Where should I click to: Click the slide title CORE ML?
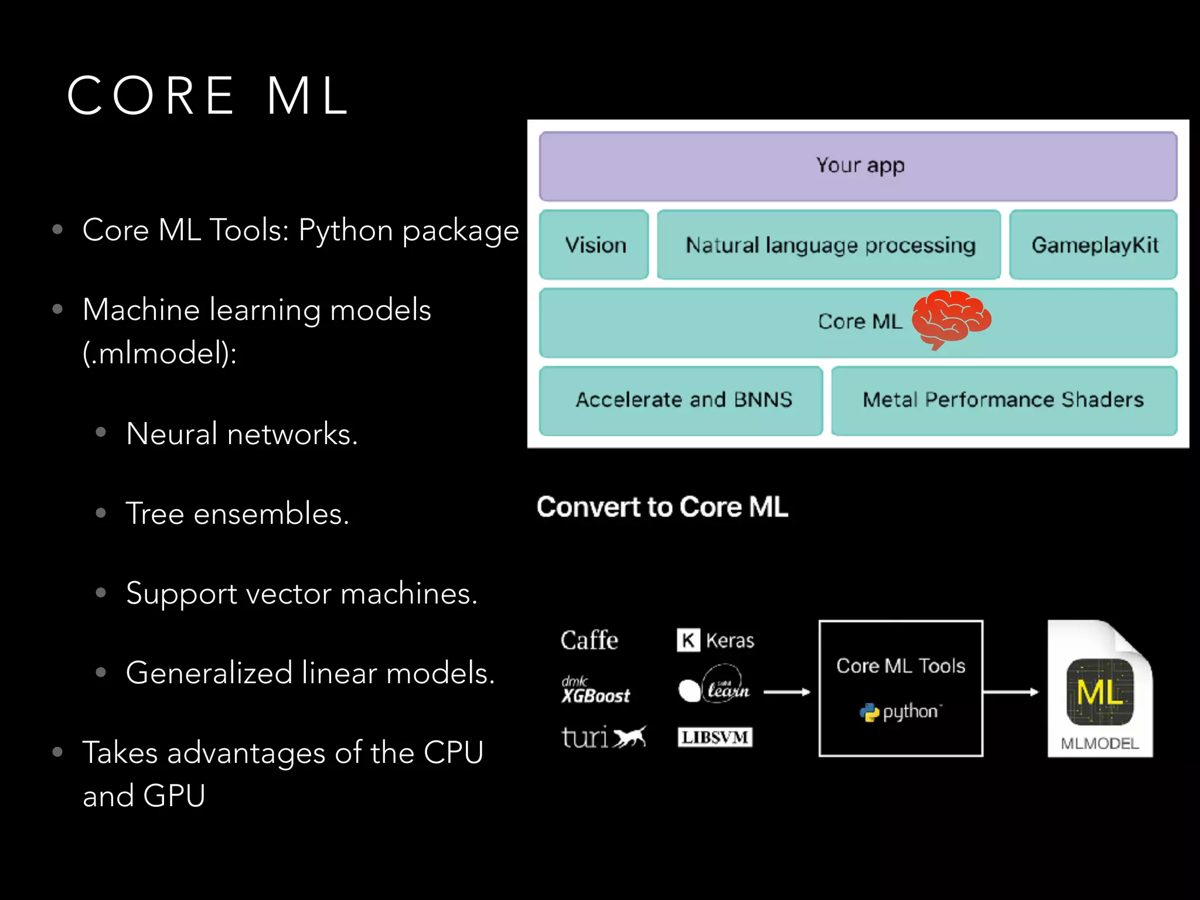point(208,96)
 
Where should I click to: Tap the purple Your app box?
point(858,166)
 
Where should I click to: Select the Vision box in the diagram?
point(594,245)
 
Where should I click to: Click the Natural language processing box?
point(829,245)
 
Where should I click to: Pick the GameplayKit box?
point(1093,245)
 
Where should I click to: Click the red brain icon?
point(950,318)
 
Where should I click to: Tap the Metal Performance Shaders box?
point(1003,400)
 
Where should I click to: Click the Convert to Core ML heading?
point(662,507)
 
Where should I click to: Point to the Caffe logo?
point(589,640)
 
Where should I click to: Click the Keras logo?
point(715,640)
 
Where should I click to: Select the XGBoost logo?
point(595,690)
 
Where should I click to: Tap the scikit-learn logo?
point(714,686)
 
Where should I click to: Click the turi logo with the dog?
point(603,737)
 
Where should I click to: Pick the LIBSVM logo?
point(714,737)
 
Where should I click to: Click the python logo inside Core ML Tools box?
point(900,712)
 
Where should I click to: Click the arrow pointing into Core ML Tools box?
point(786,692)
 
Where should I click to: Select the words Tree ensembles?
point(237,514)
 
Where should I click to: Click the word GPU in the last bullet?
point(174,796)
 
